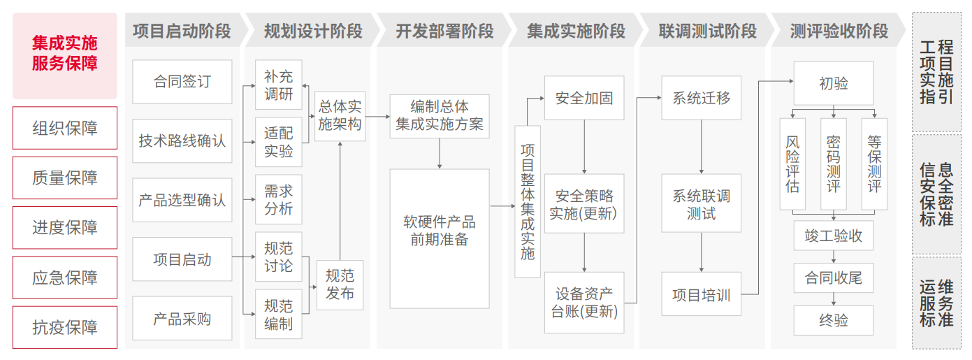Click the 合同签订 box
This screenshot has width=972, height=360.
(182, 82)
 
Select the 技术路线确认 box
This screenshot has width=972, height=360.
(182, 141)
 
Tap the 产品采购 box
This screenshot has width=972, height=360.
(182, 319)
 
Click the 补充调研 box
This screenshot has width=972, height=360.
(278, 85)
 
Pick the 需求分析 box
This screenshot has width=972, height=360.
(278, 200)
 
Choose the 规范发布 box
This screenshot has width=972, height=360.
(340, 284)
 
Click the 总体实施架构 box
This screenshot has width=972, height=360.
(340, 115)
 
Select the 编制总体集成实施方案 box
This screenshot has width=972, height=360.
(440, 116)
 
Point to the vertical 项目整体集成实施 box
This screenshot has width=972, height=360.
(528, 201)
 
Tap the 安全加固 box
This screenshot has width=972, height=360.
(584, 99)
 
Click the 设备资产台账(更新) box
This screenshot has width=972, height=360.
(584, 302)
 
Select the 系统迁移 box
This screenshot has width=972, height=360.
(701, 99)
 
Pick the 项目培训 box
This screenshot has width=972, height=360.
(701, 295)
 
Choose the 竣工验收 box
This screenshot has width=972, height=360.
(833, 236)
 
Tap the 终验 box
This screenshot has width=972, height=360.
(833, 320)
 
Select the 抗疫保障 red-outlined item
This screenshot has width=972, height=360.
(65, 327)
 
